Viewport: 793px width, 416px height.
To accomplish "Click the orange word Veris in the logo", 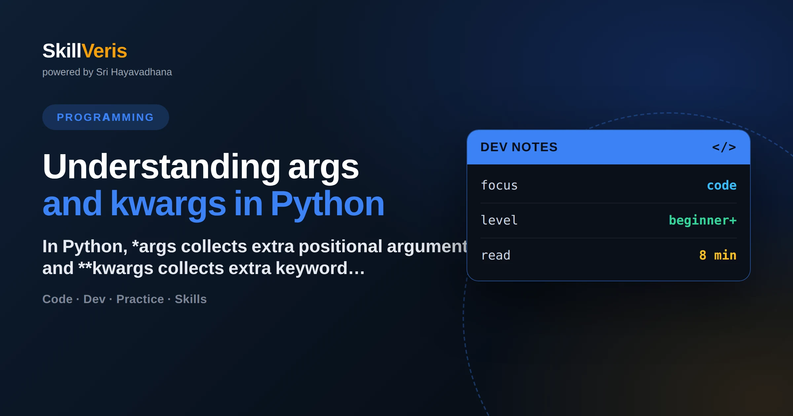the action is pos(104,51).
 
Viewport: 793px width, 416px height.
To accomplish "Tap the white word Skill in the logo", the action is pos(62,51).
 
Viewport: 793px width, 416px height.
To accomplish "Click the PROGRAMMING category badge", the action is pos(106,117).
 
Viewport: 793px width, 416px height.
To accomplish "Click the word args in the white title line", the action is pos(323,168).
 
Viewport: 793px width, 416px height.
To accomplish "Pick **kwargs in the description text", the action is pos(116,268).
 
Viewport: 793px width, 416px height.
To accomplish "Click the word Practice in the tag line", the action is pos(140,299).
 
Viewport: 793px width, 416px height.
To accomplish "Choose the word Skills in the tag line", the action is pos(191,299).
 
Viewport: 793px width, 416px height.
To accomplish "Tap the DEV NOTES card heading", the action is pos(519,147).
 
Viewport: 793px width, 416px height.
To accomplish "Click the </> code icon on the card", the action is pos(724,147).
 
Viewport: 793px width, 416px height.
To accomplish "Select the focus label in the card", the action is pos(499,185).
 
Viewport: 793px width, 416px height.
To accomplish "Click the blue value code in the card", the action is pos(722,185).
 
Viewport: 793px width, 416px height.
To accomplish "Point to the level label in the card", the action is pos(499,220).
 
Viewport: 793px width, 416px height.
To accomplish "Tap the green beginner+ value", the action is pos(703,220).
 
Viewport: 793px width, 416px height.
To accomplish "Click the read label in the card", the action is pos(496,255).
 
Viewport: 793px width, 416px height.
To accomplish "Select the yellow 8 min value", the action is pos(718,255).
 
